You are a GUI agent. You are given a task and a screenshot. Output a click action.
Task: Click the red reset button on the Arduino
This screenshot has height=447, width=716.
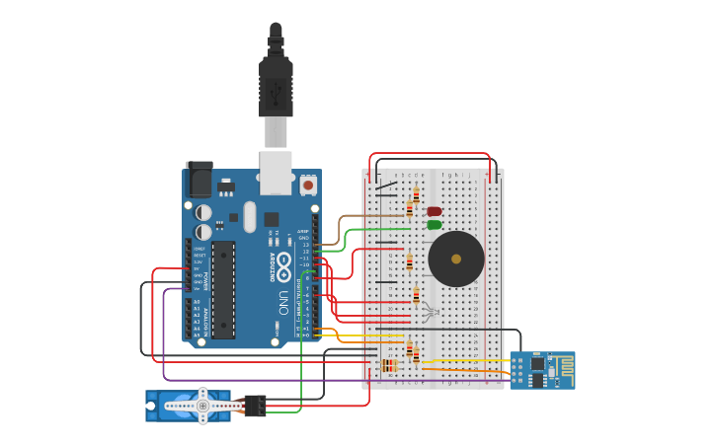pos(308,185)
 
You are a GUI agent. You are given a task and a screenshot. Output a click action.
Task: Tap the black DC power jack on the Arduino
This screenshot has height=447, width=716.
pos(199,179)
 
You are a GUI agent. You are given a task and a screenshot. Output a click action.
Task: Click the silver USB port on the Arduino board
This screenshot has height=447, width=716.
pos(276,172)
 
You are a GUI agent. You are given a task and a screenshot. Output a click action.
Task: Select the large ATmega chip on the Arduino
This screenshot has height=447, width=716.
pos(223,289)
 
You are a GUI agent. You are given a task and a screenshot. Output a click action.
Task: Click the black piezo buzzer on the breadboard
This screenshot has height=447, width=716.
pos(455,259)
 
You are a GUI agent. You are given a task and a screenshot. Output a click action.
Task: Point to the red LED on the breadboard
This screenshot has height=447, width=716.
pos(434,211)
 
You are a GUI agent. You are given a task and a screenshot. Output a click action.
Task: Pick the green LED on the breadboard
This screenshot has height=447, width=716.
pos(434,225)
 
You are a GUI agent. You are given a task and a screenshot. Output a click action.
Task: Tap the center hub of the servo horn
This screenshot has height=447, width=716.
pos(202,405)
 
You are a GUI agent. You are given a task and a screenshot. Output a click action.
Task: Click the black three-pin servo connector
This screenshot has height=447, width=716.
pos(254,405)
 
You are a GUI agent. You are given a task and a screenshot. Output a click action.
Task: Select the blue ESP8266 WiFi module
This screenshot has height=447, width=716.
pos(542,370)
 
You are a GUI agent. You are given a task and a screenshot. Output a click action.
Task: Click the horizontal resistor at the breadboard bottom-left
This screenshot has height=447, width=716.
pos(389,366)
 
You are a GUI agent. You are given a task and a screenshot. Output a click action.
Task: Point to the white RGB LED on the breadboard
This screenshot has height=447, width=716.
pos(429,313)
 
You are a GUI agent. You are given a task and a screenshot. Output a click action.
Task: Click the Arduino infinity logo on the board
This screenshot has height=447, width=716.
pos(284,263)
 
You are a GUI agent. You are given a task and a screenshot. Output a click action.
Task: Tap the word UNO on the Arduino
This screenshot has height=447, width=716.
pos(283,300)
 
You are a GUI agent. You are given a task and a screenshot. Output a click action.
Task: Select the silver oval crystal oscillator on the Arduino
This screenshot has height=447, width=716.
pos(250,216)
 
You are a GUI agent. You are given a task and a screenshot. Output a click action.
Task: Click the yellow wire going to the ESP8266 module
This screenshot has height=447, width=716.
pos(464,360)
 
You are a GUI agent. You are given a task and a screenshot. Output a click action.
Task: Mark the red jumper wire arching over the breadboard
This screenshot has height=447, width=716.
pos(430,154)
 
